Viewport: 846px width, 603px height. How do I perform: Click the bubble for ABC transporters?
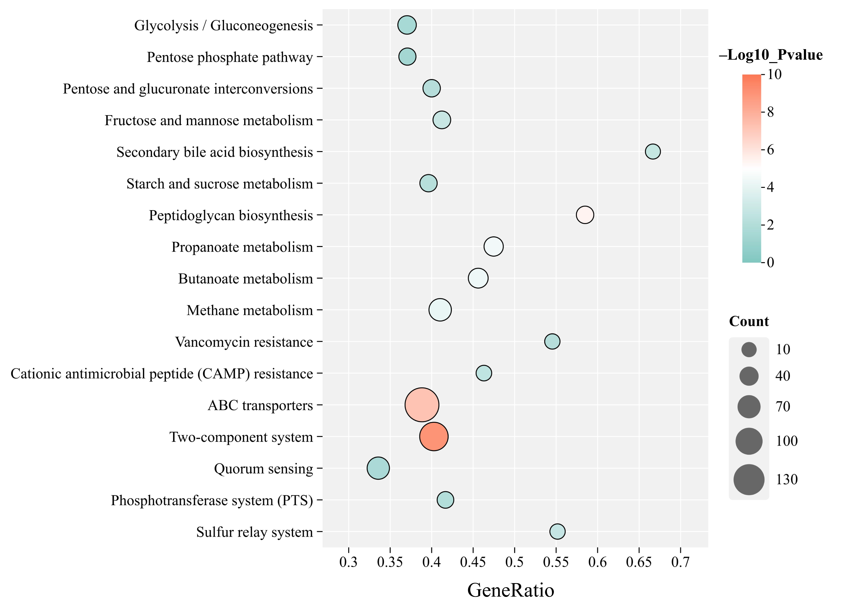(422, 405)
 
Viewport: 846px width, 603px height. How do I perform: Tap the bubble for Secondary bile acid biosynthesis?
(653, 151)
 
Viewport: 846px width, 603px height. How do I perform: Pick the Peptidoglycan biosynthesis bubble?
(585, 215)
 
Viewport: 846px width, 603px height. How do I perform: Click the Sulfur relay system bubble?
(557, 531)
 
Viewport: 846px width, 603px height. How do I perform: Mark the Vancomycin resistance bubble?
(552, 341)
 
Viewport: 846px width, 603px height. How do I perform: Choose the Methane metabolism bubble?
(440, 310)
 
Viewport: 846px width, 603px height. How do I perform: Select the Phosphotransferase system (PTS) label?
(212, 500)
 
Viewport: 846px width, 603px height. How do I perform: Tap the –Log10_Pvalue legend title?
(771, 55)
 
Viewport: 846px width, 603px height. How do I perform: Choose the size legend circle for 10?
(749, 349)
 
